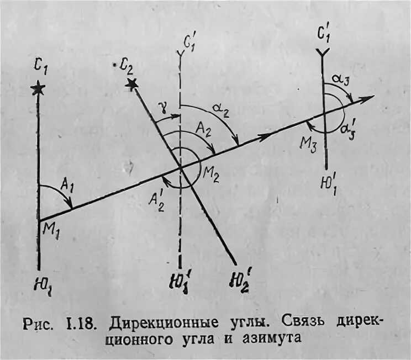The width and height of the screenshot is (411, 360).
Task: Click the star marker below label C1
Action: pos(38,88)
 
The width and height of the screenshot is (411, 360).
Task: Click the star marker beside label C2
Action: pos(131,83)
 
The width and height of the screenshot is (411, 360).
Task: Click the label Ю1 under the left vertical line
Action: pos(42,286)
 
